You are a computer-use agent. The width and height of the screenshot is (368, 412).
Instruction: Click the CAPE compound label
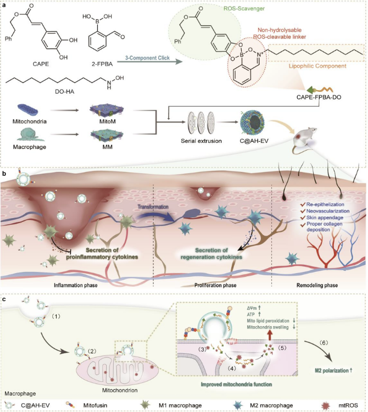coord(41,64)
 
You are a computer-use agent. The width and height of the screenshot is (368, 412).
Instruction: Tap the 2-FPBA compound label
coord(102,64)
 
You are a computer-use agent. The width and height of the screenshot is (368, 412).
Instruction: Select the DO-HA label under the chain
coord(64,92)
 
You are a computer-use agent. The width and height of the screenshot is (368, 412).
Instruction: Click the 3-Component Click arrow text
coord(147,58)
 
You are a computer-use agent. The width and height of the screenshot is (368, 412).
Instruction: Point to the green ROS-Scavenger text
coord(244,9)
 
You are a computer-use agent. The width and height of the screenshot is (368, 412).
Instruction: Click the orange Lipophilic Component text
coord(317,66)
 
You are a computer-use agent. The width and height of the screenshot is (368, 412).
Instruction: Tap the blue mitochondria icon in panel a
coord(28,109)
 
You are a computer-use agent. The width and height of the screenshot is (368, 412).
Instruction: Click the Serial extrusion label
coord(201,141)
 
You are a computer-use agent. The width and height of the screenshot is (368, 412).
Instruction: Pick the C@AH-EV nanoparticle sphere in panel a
coord(252,123)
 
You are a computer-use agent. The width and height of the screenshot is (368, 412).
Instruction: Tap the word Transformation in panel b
coord(153,207)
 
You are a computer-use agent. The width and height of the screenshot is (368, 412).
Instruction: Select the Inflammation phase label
coord(76,285)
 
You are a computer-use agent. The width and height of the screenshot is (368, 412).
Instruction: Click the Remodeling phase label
coord(317,285)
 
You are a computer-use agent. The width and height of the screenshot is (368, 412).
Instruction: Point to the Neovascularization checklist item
coord(328,211)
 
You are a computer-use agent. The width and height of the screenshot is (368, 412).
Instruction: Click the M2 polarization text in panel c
coord(333,370)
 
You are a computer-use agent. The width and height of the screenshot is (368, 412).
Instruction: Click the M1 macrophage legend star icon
coord(145,405)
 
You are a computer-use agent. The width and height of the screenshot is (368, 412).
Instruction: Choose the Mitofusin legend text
coord(95,405)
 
